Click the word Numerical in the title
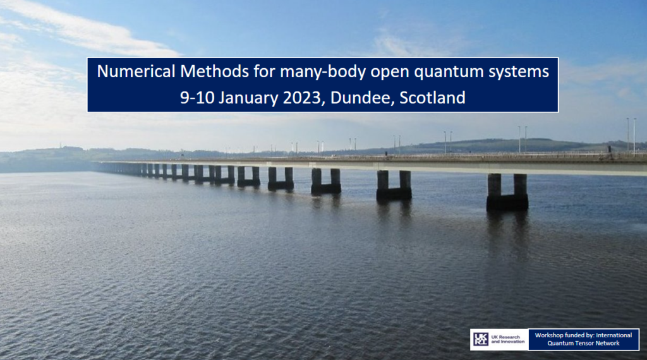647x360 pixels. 136,72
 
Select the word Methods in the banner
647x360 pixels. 215,72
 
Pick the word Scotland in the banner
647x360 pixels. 432,98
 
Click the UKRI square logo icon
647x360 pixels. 480,339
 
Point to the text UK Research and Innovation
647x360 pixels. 507,339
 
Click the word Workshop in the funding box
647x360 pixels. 550,335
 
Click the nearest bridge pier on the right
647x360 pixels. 507,192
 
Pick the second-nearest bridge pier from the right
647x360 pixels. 394,186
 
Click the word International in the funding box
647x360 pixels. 614,335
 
